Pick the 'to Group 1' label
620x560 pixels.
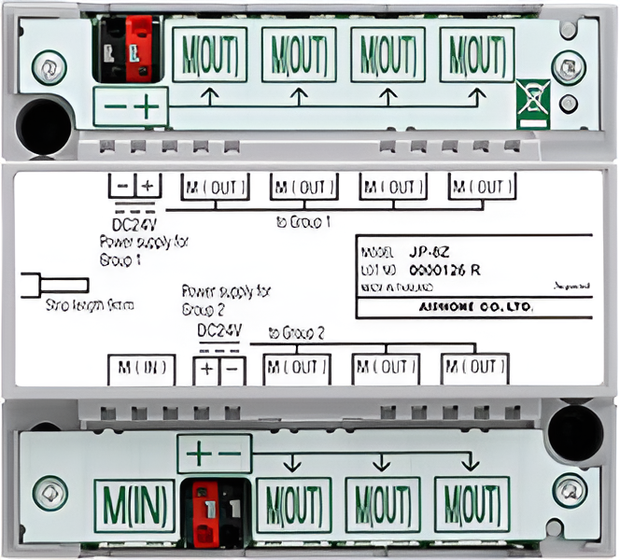click(x=305, y=221)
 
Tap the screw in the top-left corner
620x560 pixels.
click(x=43, y=66)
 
